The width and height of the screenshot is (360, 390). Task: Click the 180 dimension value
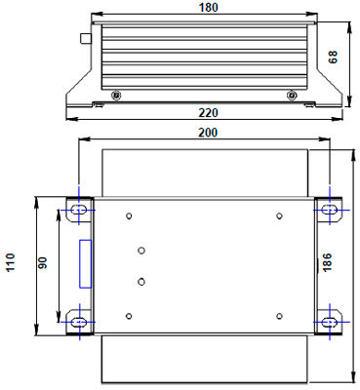(x=208, y=8)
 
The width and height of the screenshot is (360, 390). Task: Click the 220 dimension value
(x=208, y=113)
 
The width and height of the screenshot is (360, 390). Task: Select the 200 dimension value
(x=208, y=133)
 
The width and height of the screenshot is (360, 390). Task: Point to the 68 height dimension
(x=333, y=57)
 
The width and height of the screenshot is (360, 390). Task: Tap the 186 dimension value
(x=327, y=262)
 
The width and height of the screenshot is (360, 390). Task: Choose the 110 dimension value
(x=11, y=262)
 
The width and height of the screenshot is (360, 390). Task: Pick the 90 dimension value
(x=43, y=262)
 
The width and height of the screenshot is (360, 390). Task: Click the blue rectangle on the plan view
(x=86, y=263)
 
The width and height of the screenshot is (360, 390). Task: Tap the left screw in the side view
(x=116, y=96)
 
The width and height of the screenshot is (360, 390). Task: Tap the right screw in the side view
(x=292, y=96)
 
